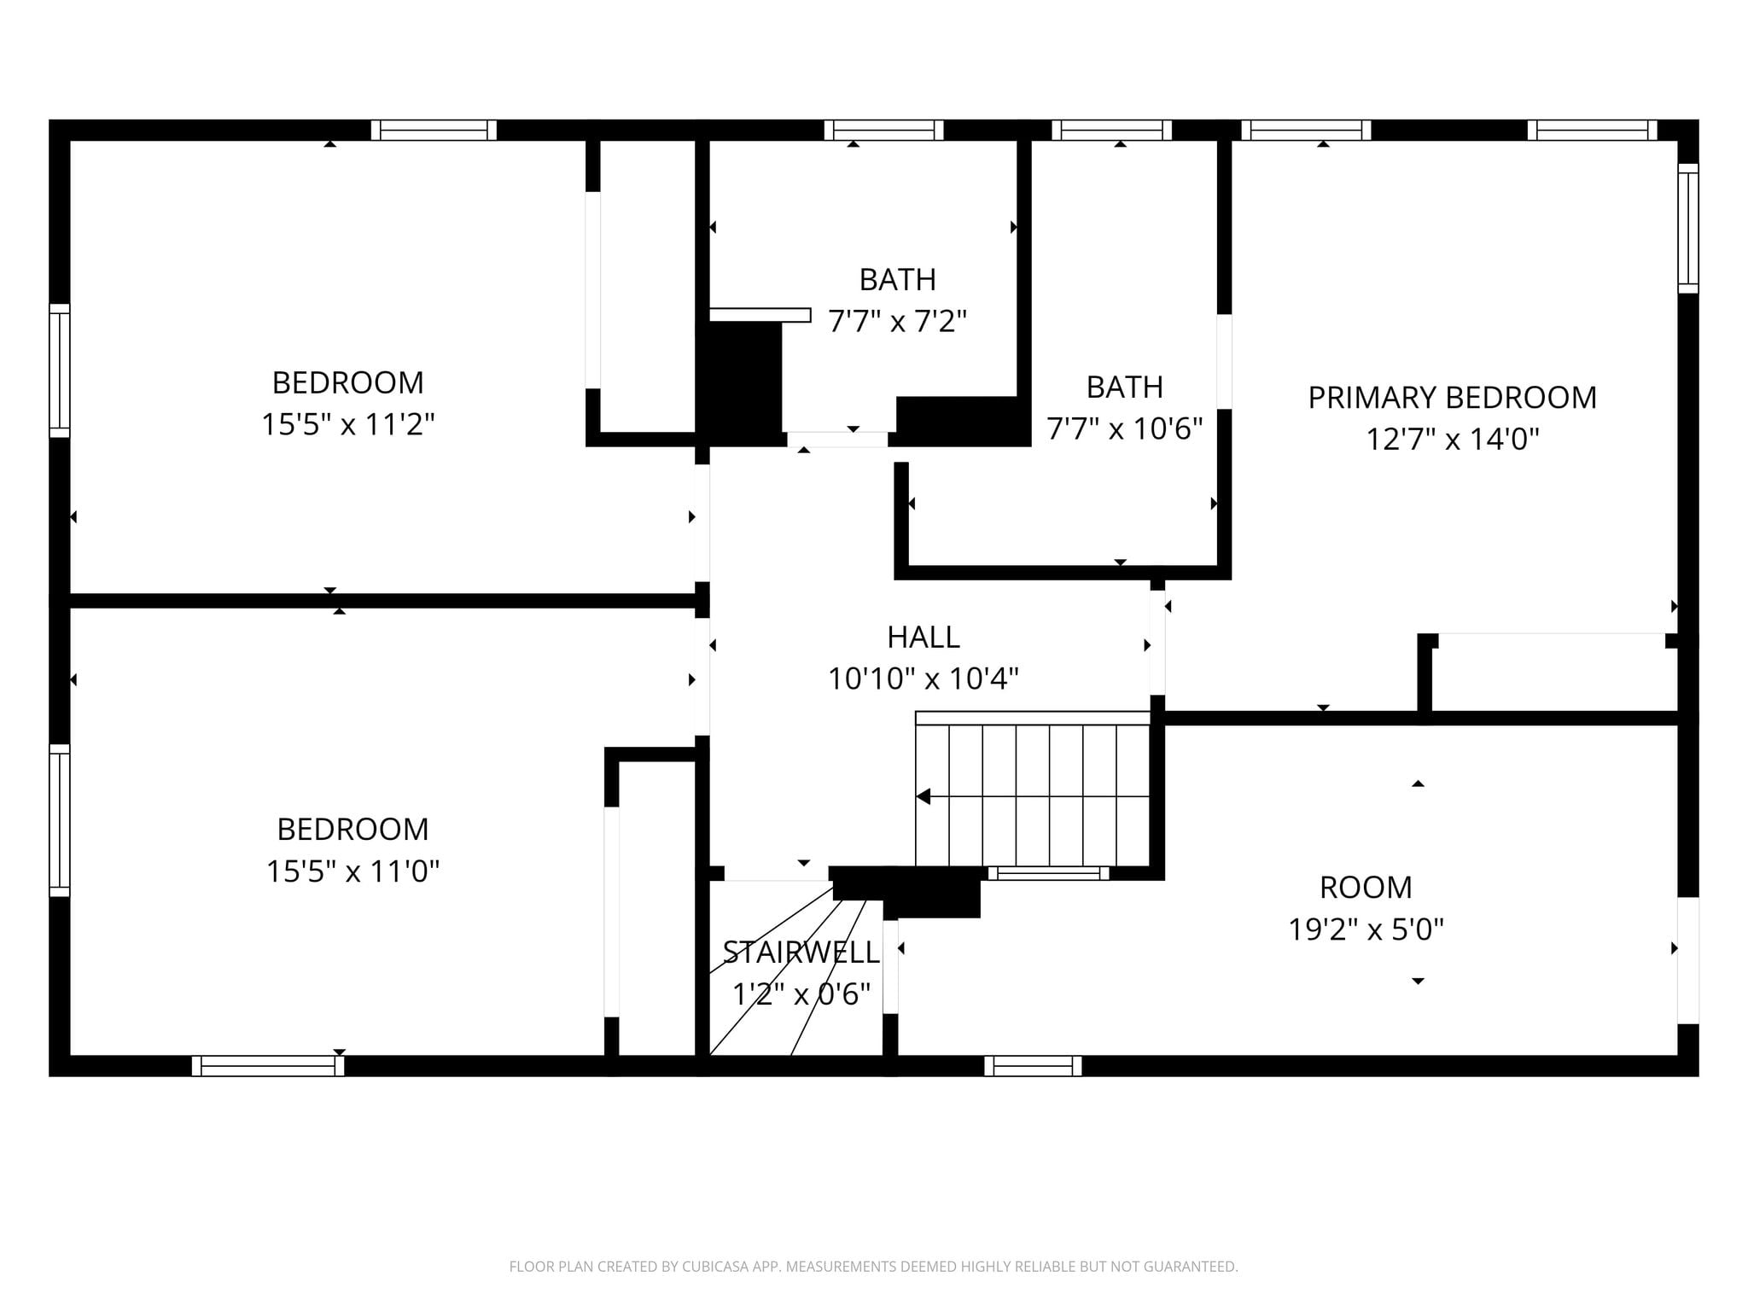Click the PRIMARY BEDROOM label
pos(1452,398)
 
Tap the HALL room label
pos(924,637)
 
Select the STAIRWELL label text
pos(801,952)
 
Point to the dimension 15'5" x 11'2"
pos(348,424)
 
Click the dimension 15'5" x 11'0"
pos(353,871)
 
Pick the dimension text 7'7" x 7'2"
pos(897,322)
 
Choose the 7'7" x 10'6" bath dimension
pos(1125,428)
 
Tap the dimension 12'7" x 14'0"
pos(1453,440)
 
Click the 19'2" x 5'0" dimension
pos(1366,929)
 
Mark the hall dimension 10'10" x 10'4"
pos(924,679)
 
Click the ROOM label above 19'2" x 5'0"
pos(1366,888)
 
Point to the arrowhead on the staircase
pos(923,796)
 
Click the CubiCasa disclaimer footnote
pos(873,1267)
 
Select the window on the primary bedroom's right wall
pos(1688,228)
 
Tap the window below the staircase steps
pos(1049,873)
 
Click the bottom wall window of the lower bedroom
pos(268,1066)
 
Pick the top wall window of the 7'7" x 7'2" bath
pos(883,130)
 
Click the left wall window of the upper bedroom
pos(59,370)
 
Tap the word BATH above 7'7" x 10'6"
pos(1125,387)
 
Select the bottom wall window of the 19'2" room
pos(1033,1066)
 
